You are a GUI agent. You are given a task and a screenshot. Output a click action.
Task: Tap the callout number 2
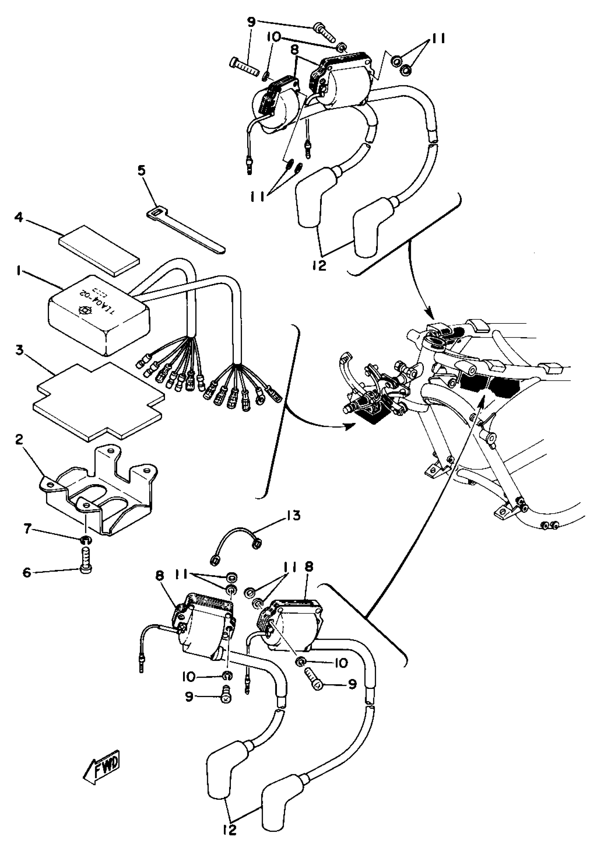pos(19,440)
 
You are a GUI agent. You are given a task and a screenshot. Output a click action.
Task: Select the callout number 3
pos(19,351)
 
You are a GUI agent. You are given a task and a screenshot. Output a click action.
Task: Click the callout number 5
pos(142,171)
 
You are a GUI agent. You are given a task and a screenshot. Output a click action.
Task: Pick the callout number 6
pos(27,572)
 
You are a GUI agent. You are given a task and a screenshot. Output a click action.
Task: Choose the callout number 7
pos(28,528)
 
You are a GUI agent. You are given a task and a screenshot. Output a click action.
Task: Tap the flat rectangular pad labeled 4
pos(99,250)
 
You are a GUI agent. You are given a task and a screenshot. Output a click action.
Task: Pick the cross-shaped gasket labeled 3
pos(98,402)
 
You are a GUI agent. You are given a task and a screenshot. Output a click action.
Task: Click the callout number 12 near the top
pos(319,266)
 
